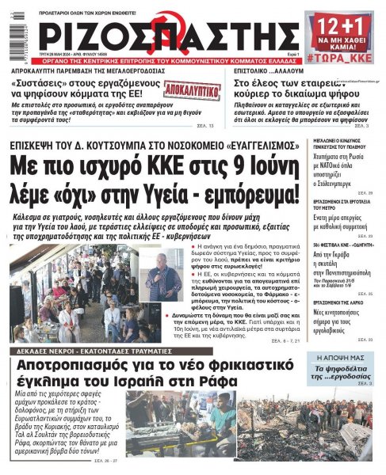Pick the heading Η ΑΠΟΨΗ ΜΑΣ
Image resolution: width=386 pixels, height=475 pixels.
[343, 358]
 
